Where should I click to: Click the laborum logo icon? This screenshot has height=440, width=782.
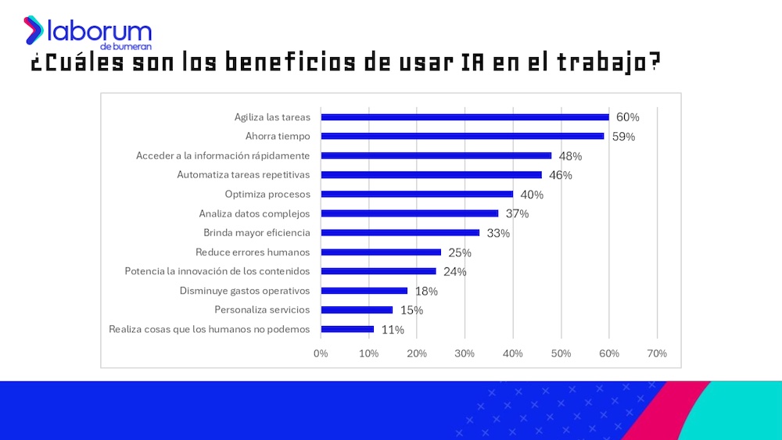tap(34, 30)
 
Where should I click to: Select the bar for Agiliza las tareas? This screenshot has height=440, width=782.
tap(465, 117)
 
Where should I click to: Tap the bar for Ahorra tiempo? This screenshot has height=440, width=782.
tap(462, 136)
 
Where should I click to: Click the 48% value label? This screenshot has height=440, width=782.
tap(570, 156)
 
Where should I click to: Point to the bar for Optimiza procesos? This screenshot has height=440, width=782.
tap(417, 194)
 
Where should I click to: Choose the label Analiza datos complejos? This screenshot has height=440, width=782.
tap(254, 213)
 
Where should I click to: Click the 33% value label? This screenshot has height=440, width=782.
tap(498, 233)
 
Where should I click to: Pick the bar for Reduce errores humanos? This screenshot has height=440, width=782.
tap(381, 252)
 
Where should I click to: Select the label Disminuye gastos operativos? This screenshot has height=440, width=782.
tap(245, 291)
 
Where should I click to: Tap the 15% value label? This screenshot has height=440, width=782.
tap(411, 310)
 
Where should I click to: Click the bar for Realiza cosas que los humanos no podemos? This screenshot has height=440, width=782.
tap(347, 329)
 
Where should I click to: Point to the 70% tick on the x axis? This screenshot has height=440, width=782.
tap(657, 353)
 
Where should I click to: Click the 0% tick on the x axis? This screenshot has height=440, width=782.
tap(321, 353)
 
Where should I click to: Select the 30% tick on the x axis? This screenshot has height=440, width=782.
tap(465, 353)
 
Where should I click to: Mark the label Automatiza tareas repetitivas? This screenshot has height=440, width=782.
tap(243, 174)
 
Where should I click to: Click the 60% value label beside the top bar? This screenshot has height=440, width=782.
tap(627, 117)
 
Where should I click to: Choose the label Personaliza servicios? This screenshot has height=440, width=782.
tap(262, 309)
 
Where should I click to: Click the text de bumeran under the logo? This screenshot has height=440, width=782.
tap(131, 46)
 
